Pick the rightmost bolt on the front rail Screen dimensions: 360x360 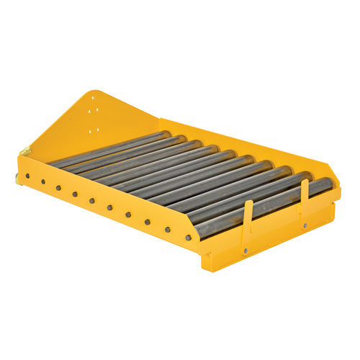(189, 237)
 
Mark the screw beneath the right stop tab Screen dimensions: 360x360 (305, 225)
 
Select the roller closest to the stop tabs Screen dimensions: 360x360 (266, 205)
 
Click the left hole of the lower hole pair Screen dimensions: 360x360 (89, 131)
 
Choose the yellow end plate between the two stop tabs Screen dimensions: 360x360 (277, 238)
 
